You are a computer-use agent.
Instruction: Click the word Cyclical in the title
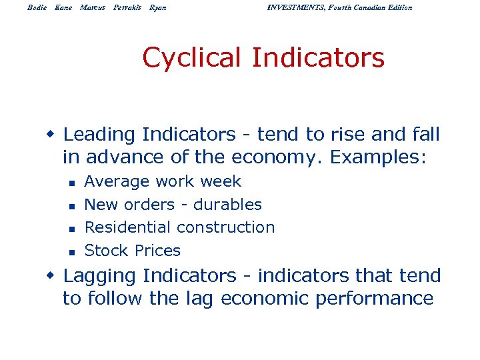click(x=193, y=58)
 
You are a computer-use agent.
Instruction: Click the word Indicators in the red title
click(x=318, y=58)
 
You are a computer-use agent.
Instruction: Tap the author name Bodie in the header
click(x=39, y=7)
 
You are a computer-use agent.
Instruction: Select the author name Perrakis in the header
click(x=127, y=7)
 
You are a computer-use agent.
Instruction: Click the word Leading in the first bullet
click(x=99, y=135)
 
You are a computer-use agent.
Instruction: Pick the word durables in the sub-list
click(x=227, y=205)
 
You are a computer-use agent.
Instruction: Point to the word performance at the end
click(x=379, y=299)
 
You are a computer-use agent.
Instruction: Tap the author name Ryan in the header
click(x=158, y=7)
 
